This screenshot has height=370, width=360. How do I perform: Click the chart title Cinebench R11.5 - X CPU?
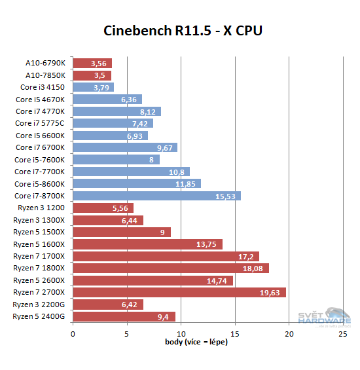(183, 31)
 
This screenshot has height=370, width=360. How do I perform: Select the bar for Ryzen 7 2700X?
(179, 292)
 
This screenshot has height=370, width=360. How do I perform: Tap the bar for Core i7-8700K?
(157, 196)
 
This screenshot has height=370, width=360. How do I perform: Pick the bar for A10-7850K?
(92, 75)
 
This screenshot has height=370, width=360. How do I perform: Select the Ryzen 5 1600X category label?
(39, 244)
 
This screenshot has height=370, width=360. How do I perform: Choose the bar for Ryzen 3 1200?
(103, 208)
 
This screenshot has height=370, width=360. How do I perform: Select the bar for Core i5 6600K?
(110, 136)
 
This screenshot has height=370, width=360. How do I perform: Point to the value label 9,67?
(165, 147)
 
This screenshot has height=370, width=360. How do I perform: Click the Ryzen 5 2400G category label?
(39, 316)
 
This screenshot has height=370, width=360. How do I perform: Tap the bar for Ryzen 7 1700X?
(166, 256)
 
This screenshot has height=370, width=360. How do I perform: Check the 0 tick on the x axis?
(73, 333)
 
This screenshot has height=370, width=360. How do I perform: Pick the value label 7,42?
(141, 123)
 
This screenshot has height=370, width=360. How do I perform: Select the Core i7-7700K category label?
(41, 172)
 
